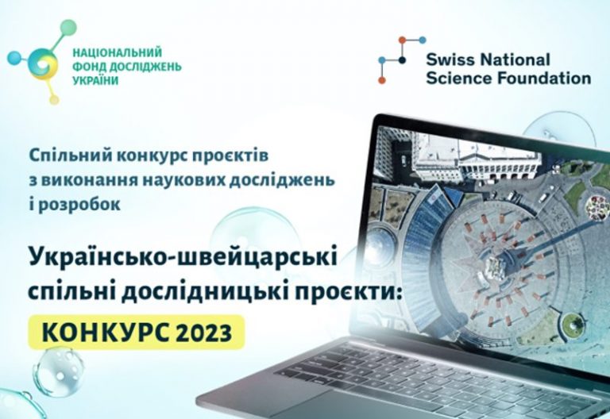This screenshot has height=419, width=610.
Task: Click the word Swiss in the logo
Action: (x=450, y=60)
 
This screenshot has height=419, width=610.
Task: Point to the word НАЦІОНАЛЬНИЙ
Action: (x=118, y=52)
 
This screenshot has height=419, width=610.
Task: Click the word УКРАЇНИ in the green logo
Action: (x=95, y=80)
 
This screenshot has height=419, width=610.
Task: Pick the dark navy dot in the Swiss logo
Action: (x=402, y=60)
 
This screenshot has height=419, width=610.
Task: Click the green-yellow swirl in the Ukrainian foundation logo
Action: (x=43, y=64)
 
